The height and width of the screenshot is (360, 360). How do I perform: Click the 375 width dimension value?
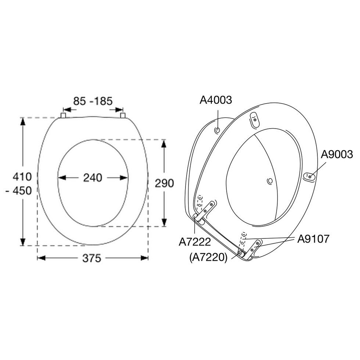click(x=91, y=258)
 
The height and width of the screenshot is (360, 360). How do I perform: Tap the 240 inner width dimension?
click(x=93, y=178)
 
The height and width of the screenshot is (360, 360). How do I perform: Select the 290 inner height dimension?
click(x=164, y=183)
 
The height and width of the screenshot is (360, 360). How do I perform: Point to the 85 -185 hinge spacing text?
click(x=93, y=101)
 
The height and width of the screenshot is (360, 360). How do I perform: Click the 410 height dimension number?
click(x=22, y=177)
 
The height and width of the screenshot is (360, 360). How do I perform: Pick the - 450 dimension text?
click(x=19, y=191)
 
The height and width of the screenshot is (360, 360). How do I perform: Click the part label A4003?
click(x=216, y=100)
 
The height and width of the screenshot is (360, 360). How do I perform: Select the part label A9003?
click(x=336, y=154)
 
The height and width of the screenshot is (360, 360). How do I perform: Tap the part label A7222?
click(x=195, y=242)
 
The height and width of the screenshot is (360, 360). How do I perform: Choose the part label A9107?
click(x=313, y=239)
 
